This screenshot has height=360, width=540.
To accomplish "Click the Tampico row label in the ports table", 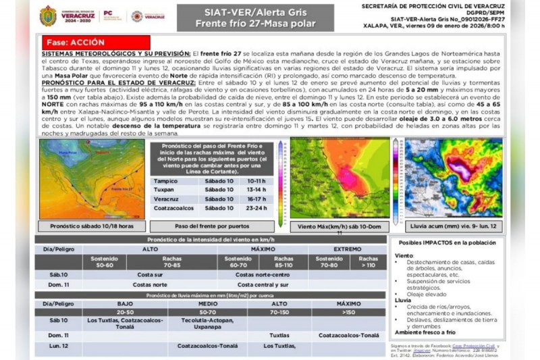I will pos(166,181).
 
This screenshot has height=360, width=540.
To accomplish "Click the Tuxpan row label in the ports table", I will pos(165,190).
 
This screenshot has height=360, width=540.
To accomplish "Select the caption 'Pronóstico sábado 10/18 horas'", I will pos(91,226).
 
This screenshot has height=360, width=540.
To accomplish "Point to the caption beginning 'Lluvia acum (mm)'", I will pos(453,226).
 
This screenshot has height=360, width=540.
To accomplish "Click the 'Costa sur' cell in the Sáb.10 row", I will pos(150,275).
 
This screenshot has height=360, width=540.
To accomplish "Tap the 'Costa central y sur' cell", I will pos(262,285).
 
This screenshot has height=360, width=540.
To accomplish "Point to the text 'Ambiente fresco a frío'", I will pos(427,332).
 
